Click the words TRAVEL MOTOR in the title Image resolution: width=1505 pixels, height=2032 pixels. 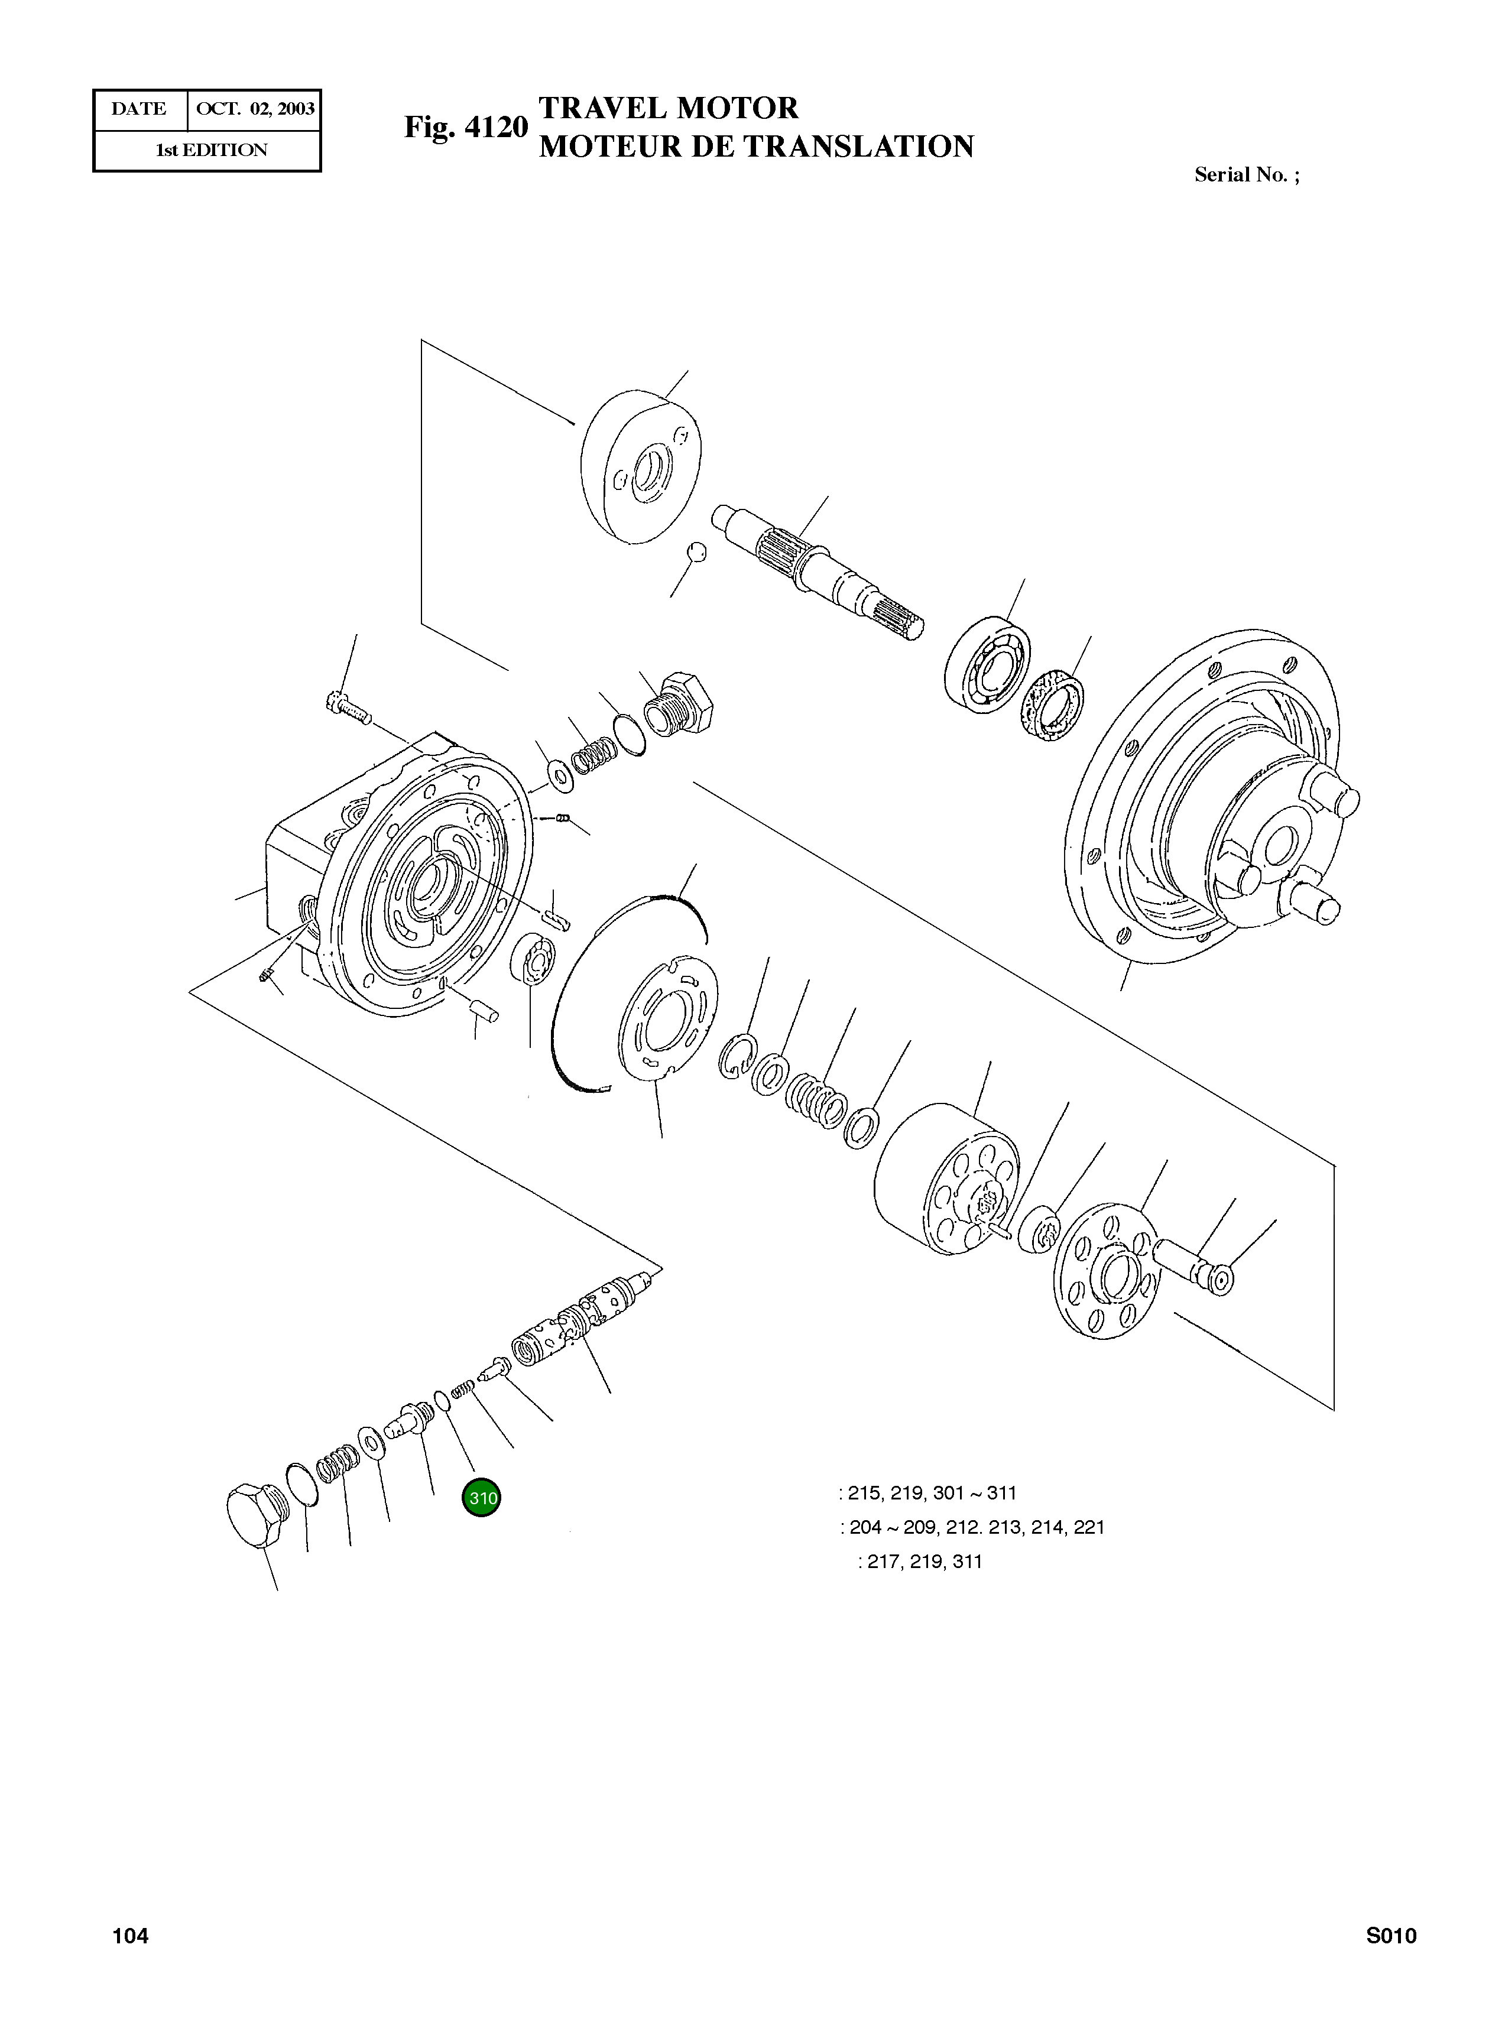(668, 108)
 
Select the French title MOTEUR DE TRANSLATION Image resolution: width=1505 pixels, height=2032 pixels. (756, 147)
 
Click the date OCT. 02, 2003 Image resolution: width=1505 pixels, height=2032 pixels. (255, 109)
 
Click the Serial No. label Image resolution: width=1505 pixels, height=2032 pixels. (1245, 175)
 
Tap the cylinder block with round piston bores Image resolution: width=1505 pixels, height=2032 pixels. (948, 1180)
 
